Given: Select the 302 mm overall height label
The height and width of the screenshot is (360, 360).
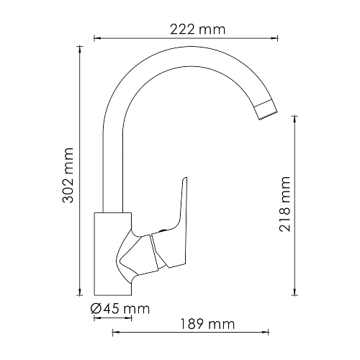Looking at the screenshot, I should click(x=69, y=173).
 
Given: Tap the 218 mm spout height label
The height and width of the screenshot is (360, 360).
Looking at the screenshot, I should click(x=286, y=202).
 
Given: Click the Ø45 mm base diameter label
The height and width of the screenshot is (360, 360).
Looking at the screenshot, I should click(x=120, y=309).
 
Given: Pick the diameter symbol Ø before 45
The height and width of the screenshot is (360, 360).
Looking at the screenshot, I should click(x=96, y=309).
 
